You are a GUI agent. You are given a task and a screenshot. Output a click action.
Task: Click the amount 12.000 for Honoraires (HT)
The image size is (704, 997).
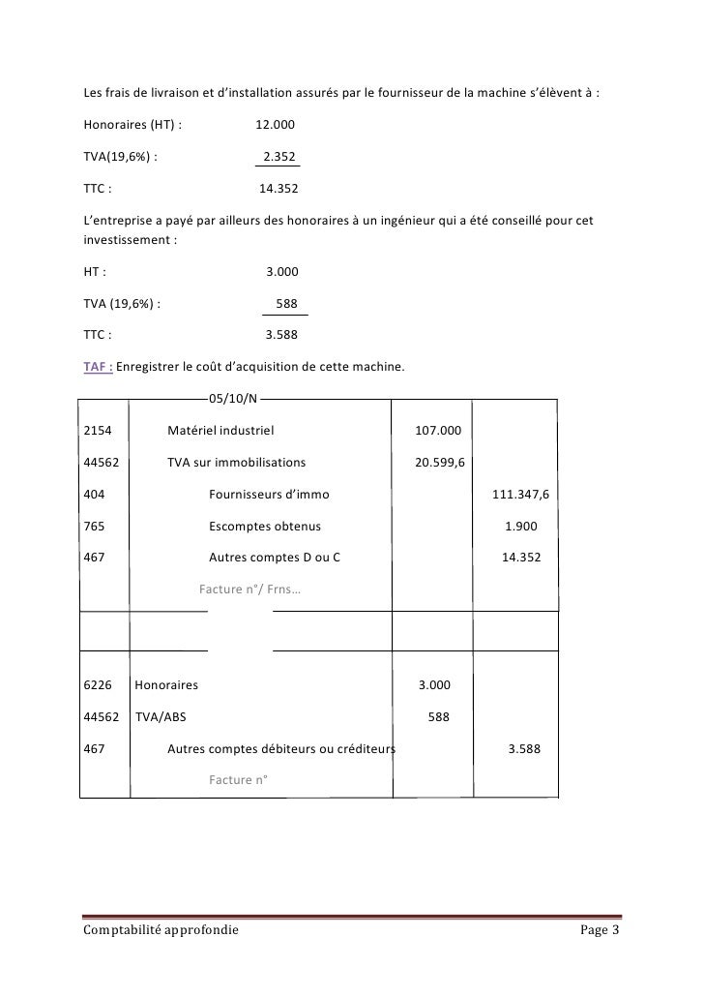(276, 125)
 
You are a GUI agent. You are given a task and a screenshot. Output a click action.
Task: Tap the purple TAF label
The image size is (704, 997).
(99, 367)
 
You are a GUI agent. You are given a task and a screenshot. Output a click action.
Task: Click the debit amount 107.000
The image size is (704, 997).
(438, 430)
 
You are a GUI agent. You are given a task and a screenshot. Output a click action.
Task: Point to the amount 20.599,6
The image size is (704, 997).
(440, 462)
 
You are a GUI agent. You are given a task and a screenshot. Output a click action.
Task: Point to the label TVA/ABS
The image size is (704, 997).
(162, 717)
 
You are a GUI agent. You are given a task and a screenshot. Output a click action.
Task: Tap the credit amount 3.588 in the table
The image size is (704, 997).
(523, 748)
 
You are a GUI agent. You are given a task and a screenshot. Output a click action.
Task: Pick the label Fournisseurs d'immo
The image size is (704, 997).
(269, 494)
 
